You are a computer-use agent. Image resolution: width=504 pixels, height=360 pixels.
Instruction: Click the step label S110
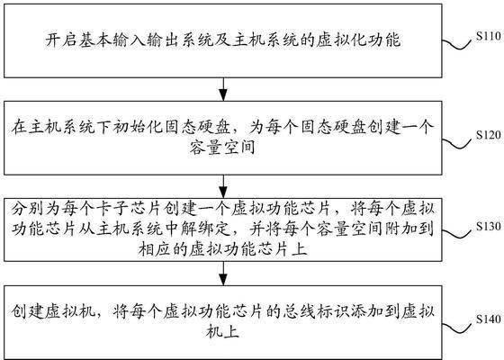489,36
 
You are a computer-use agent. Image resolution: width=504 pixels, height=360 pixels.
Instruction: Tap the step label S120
489,135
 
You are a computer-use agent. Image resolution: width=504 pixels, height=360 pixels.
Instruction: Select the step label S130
489,226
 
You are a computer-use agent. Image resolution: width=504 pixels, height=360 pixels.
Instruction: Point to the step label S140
489,319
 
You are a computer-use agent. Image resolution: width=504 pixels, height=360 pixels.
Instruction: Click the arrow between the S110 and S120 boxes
223,89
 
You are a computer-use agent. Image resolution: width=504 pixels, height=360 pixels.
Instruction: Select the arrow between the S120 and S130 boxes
223,186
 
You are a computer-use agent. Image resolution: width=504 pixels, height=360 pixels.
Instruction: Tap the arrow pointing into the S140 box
223,274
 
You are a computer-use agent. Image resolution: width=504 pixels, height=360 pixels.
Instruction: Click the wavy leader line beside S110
459,44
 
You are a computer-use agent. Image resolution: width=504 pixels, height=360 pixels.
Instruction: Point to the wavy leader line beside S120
459,143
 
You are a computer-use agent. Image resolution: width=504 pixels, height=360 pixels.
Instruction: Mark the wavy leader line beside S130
459,234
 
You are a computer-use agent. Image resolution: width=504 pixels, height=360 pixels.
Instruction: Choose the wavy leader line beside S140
459,328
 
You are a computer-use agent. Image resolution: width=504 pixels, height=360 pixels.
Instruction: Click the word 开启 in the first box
61,40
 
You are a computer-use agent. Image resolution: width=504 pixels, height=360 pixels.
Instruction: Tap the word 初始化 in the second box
139,128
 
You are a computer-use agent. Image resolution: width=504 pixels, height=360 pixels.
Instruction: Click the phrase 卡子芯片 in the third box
129,209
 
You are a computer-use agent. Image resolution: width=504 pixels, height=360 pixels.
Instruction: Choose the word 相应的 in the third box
163,249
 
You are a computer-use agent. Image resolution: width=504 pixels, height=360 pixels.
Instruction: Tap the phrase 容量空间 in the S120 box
222,148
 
